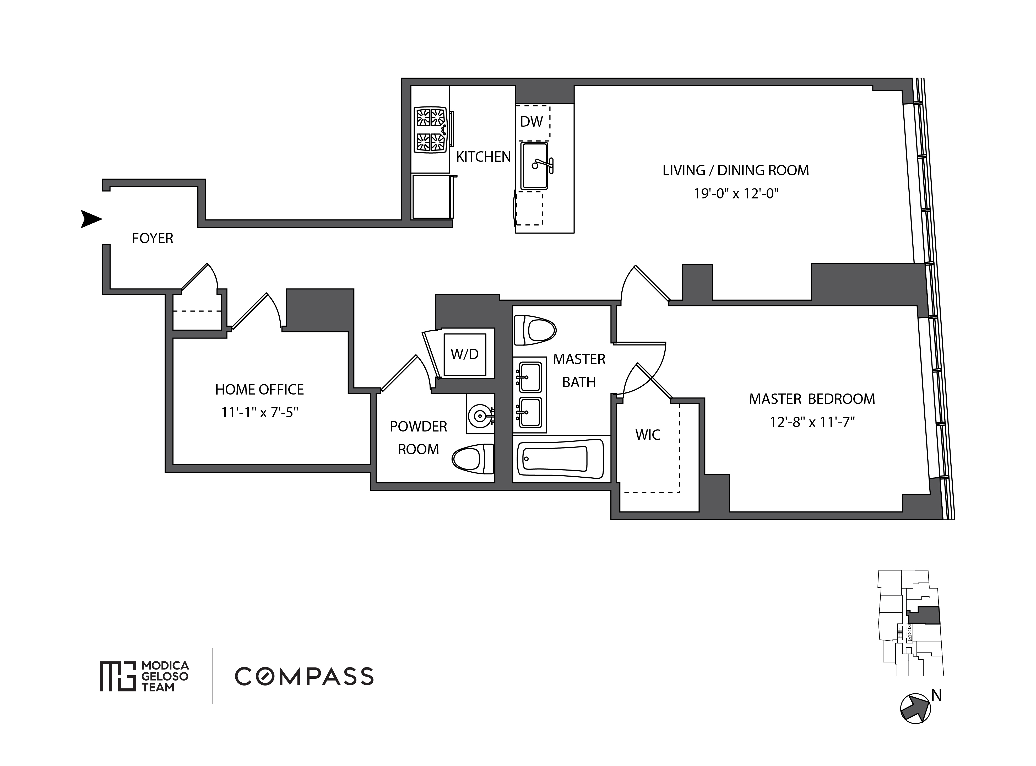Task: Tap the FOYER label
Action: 153,238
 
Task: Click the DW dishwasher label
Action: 531,121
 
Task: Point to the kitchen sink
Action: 534,165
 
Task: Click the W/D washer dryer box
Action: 464,354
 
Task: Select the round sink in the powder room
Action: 479,415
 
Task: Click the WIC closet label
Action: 648,435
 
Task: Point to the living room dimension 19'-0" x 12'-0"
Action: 736,193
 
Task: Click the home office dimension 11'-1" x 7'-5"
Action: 259,412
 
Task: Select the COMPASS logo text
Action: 304,677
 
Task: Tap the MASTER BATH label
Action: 579,370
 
